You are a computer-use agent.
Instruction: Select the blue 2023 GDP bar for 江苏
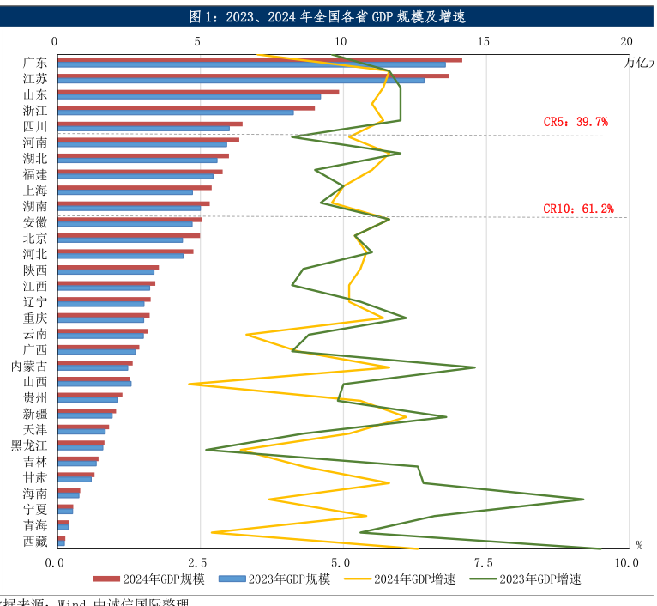240,81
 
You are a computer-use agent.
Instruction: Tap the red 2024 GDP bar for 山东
197,92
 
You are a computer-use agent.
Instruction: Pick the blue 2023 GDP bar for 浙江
175,112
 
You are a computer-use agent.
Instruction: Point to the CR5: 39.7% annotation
576,122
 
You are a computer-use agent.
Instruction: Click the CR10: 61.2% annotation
578,209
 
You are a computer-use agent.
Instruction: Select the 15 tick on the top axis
484,41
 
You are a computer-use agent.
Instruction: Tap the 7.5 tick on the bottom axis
484,562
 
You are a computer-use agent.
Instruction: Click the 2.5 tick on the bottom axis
198,562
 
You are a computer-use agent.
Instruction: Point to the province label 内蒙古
29,366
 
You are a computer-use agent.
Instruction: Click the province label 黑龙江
29,445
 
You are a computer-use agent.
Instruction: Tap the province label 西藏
35,542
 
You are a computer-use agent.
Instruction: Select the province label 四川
35,126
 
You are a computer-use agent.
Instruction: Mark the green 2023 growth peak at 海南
583,499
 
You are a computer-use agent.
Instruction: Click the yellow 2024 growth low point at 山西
190,384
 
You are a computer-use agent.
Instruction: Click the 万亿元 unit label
640,61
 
